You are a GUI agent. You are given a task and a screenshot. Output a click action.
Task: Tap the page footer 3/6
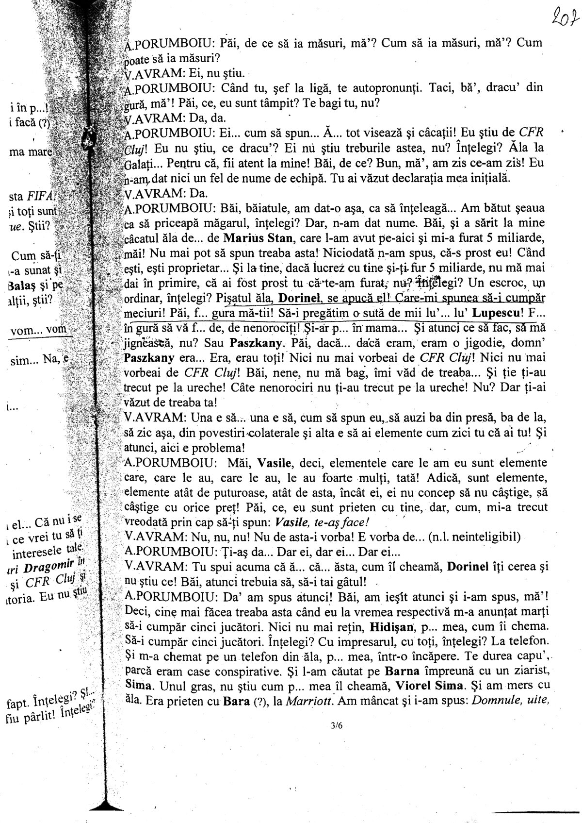pos(335,725)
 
